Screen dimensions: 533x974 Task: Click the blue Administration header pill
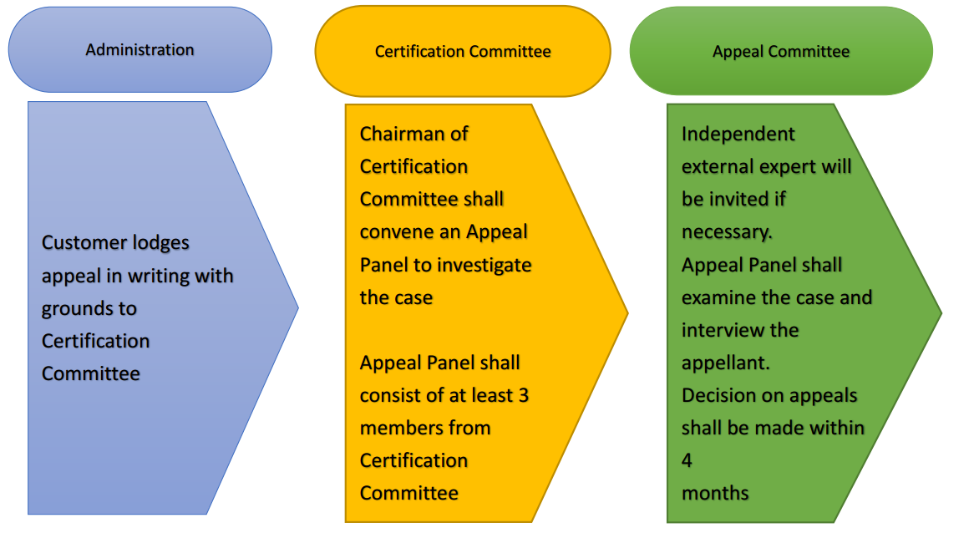[140, 50]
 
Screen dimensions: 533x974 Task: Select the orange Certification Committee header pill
[463, 51]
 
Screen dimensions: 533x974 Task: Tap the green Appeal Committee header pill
[780, 51]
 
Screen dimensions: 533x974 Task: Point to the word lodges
[158, 243]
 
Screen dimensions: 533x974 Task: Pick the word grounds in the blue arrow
[78, 308]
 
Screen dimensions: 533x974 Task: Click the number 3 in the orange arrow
[523, 395]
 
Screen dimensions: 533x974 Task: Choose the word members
[400, 428]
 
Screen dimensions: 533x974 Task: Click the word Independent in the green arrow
[738, 134]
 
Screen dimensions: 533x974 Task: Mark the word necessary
[726, 232]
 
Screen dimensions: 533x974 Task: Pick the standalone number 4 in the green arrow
[687, 460]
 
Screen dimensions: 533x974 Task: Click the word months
[715, 493]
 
